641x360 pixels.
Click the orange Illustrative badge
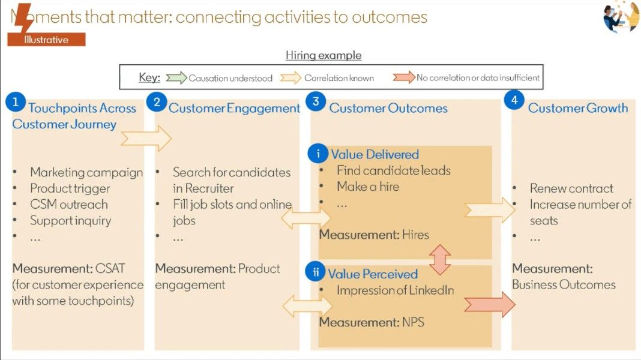coord(46,40)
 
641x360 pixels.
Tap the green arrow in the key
coord(176,77)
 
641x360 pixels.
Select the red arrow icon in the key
coord(404,77)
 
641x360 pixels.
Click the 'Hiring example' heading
coord(324,55)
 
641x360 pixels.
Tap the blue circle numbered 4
coord(514,101)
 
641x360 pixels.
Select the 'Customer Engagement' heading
coord(234,108)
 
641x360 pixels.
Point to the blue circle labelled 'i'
coord(318,154)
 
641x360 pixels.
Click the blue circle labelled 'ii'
coord(316,272)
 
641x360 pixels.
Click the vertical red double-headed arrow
coord(441,259)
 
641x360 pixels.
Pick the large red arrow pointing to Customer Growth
coord(489,304)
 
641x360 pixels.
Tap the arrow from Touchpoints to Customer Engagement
coord(146,139)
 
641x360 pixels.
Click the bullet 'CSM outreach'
coord(68,204)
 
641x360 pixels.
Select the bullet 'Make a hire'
coord(368,187)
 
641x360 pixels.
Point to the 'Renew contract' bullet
coord(571,188)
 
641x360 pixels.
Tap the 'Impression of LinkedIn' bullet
coord(395,290)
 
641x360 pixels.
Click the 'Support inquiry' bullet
coord(70,220)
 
